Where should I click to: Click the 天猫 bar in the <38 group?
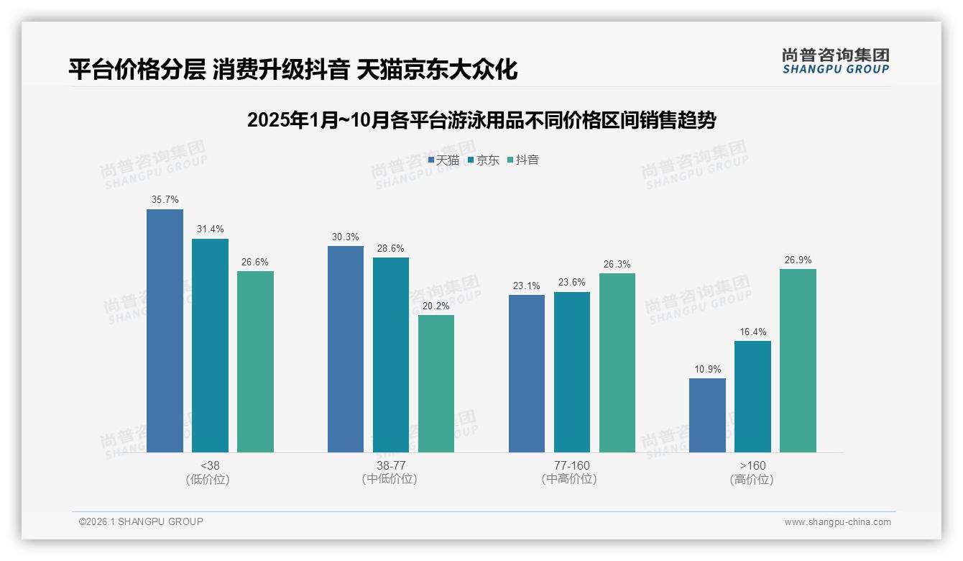[165, 331]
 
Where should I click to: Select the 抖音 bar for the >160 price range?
[798, 360]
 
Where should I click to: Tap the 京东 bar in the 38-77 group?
[391, 355]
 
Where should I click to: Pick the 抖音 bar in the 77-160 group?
[617, 362]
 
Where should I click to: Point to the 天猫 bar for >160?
[707, 415]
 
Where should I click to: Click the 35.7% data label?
[165, 199]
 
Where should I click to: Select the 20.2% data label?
[436, 306]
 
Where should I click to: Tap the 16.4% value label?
[752, 332]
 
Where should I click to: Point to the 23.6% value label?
[572, 283]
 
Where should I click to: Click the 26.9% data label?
[798, 260]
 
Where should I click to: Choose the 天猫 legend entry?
[443, 160]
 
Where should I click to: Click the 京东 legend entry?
[483, 160]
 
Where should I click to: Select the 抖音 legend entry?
[523, 160]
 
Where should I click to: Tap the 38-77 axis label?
[390, 465]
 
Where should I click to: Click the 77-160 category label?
[571, 465]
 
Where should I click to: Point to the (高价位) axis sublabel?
[752, 479]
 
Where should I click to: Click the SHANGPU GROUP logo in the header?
[835, 61]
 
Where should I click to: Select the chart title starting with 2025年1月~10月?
[481, 120]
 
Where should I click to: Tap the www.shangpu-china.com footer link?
[837, 522]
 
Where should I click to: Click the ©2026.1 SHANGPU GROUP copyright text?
[141, 521]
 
